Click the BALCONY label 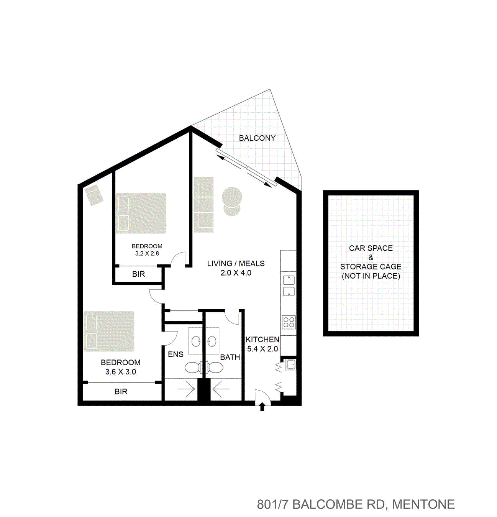[257, 138]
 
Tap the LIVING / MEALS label [236, 263]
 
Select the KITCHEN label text [262, 340]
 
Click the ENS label [176, 355]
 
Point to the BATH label [230, 357]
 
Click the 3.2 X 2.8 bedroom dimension [147, 253]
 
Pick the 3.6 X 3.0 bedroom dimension [120, 372]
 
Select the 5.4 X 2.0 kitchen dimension [262, 349]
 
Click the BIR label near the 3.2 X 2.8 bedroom [138, 274]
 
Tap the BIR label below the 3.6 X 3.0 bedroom [121, 392]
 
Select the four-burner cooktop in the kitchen [289, 322]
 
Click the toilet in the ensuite [192, 368]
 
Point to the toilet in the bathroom [215, 368]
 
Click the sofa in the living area [203, 205]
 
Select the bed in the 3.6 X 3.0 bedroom [109, 331]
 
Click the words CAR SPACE [371, 248]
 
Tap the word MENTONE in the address [423, 504]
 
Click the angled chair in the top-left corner [93, 195]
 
